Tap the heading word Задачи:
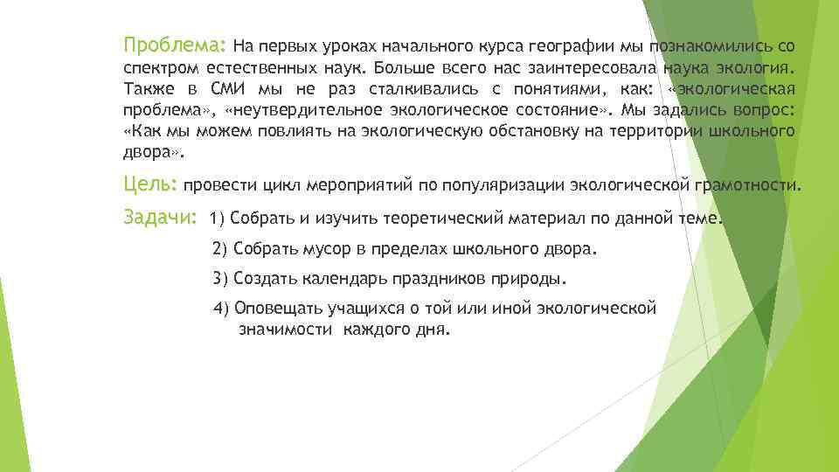pos(161,217)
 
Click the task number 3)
pos(219,279)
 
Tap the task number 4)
pos(221,309)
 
